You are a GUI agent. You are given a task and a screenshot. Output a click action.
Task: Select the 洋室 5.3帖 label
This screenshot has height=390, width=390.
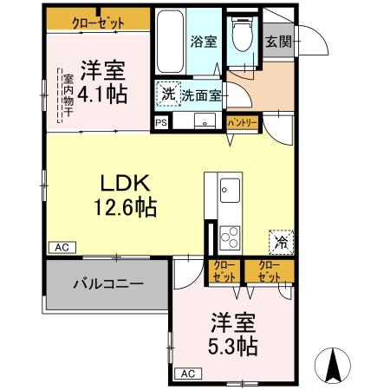[x=233, y=335]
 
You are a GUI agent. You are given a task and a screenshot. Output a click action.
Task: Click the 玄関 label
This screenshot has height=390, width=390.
[x=278, y=41]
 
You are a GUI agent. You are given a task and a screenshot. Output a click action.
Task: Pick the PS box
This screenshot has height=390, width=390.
[x=161, y=124]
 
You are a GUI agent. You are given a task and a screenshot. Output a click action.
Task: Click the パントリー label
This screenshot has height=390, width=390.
[x=242, y=124]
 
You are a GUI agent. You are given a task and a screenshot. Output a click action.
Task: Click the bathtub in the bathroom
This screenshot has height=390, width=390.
[x=170, y=43]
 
